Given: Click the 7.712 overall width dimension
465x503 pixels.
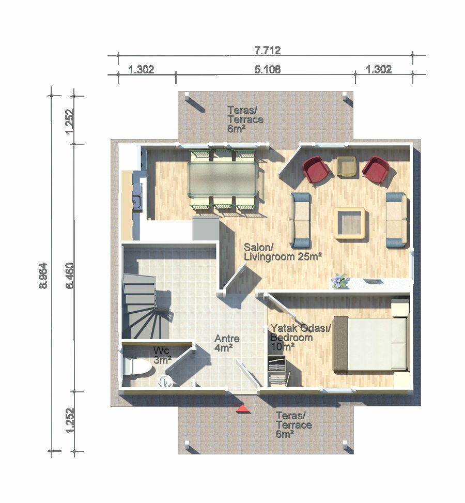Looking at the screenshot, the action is (268, 50).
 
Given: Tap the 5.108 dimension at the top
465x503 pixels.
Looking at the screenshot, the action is (268, 69).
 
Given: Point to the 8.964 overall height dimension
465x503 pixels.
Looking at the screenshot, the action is (43, 276).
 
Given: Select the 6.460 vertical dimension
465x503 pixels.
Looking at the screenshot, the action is (70, 276).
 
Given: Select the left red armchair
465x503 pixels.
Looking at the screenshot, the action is (316, 170).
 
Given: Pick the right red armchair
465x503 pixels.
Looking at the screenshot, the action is (376, 170).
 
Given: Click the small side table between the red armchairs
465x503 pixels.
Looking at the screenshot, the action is (346, 166).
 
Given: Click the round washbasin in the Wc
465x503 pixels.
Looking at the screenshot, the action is (165, 381).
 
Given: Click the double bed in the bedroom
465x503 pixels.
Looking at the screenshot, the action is (371, 343).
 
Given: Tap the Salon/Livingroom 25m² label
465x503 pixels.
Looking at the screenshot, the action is (282, 252).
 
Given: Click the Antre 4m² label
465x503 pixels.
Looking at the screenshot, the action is (227, 343).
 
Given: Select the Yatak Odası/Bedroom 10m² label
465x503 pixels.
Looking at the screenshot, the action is (301, 338).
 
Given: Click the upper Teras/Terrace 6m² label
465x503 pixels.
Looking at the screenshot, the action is (245, 119).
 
